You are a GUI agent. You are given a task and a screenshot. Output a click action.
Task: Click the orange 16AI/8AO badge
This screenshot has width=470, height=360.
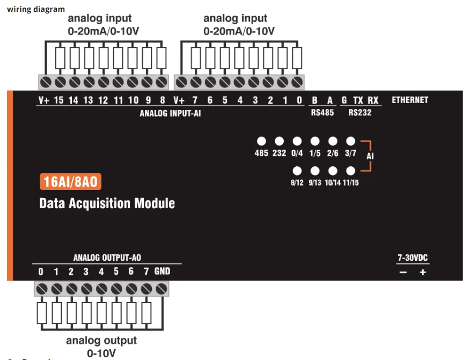tap(70, 182)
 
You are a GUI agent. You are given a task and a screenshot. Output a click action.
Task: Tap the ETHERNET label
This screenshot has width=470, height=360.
tap(410, 100)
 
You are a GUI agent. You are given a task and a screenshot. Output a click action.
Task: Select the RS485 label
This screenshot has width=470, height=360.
tap(322, 113)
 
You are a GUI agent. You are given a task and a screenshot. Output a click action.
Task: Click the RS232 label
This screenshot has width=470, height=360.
tap(359, 113)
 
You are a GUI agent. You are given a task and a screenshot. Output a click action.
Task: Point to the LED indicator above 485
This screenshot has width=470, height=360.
tap(261, 141)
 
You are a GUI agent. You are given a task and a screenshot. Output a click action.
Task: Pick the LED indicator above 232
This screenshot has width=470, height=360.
tap(279, 141)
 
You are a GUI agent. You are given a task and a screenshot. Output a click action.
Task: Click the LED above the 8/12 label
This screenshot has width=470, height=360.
tap(297, 171)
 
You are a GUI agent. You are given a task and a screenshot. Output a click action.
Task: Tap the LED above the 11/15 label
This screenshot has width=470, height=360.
tap(350, 171)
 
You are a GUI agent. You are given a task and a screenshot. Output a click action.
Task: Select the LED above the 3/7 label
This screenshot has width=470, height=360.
tap(350, 141)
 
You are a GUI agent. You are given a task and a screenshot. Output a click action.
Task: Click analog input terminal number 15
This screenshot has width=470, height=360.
tap(59, 100)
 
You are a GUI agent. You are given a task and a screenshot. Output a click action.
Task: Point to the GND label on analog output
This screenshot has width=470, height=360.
tap(162, 271)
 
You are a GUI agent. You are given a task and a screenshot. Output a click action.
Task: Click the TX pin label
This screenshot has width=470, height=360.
tap(358, 100)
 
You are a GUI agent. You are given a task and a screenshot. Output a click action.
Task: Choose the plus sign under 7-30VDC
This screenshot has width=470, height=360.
tap(423, 272)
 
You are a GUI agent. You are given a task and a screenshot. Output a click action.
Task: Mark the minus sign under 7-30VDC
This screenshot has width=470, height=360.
tap(403, 272)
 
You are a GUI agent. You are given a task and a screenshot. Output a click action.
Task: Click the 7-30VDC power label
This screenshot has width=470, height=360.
tap(413, 258)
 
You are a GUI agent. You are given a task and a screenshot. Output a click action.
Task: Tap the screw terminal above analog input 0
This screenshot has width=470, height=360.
tap(297, 82)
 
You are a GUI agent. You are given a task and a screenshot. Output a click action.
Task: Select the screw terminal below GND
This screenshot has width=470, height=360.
tap(161, 289)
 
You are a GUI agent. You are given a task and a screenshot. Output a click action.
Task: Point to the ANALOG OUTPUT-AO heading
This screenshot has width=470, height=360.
tap(107, 258)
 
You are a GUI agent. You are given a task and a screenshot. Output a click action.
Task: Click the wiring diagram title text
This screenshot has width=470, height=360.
tap(36, 9)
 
